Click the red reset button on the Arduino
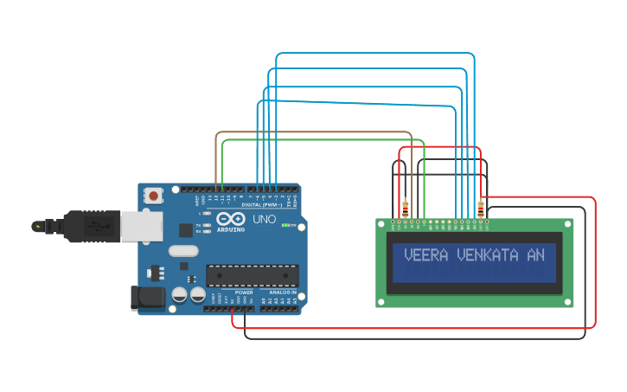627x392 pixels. tap(153, 196)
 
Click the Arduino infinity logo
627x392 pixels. tap(230, 219)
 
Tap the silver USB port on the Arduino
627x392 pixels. tap(135, 227)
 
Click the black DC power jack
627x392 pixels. tap(147, 298)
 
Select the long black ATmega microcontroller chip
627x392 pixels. tap(252, 276)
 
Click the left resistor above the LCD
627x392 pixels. tap(406, 209)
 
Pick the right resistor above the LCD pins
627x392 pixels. tap(481, 209)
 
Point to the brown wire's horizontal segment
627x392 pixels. tap(311, 132)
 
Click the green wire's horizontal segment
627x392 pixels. tap(320, 139)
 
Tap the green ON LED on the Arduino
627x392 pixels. tap(294, 226)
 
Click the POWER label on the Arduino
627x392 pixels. tap(244, 292)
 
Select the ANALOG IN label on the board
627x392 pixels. tap(282, 292)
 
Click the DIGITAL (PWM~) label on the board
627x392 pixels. tap(262, 204)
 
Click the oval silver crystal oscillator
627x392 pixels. tap(183, 251)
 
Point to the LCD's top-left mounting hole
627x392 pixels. tap(381, 223)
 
